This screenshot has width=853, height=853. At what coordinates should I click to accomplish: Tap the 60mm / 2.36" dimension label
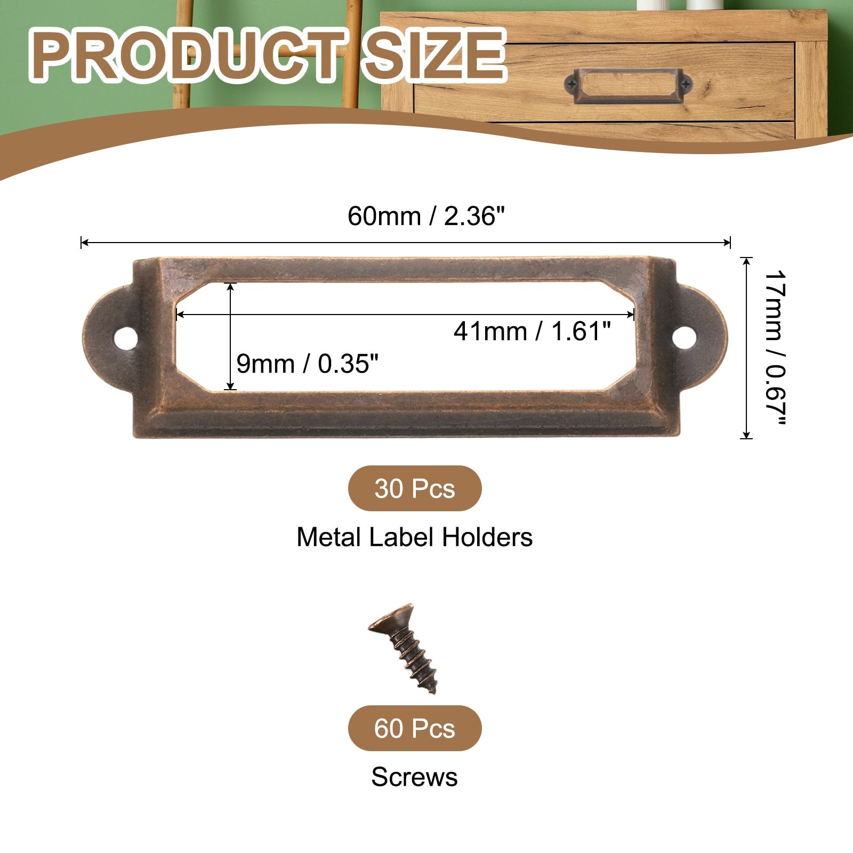pos(426,216)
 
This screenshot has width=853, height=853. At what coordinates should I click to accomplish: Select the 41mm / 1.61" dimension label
pos(532,331)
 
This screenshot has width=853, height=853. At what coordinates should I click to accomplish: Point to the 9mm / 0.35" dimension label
pos(307,364)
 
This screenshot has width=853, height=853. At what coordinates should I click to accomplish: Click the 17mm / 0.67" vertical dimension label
pos(775,348)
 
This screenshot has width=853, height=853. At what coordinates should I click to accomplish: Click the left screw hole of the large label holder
pos(126,338)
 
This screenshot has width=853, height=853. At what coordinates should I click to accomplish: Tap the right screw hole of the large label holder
pos(684,337)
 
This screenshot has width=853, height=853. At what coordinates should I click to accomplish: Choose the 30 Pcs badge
pos(415,488)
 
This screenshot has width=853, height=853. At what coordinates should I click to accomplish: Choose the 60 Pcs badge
pos(415,728)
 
